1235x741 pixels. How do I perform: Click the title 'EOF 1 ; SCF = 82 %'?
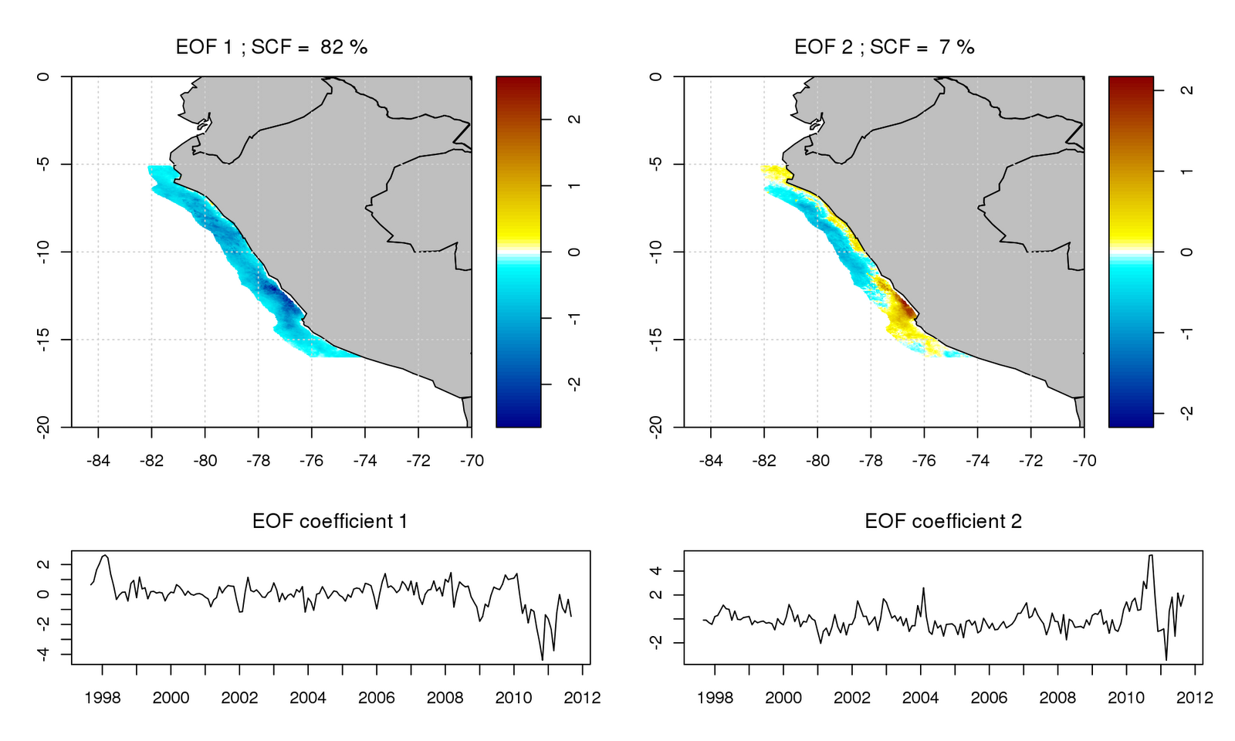click(x=272, y=47)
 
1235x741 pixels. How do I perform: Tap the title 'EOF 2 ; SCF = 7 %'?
click(x=885, y=47)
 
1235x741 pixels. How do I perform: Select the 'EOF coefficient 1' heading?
click(x=330, y=522)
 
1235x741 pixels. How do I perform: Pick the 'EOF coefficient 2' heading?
click(x=942, y=522)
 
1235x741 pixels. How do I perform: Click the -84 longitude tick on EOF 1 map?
click(x=98, y=461)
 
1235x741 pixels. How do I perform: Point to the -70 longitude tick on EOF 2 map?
click(x=1084, y=461)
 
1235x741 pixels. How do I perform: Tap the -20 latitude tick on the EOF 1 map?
click(x=43, y=427)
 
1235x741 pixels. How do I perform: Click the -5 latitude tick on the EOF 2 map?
click(x=656, y=164)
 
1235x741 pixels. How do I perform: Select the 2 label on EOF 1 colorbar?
click(x=574, y=120)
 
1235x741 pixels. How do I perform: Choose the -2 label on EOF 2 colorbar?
click(x=1186, y=411)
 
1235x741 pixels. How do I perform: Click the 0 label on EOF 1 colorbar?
click(x=574, y=252)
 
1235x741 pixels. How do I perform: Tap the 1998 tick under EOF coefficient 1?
click(x=103, y=698)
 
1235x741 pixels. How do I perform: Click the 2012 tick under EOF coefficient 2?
click(x=1195, y=698)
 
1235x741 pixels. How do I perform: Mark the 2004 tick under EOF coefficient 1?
click(x=308, y=698)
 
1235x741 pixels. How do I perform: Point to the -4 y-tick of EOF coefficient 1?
click(x=43, y=654)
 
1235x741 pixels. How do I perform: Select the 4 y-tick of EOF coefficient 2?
click(x=656, y=571)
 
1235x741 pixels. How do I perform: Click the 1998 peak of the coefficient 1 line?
click(x=105, y=555)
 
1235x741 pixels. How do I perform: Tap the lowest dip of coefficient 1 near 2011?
click(x=543, y=660)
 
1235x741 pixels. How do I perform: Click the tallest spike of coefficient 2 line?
click(x=1151, y=555)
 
